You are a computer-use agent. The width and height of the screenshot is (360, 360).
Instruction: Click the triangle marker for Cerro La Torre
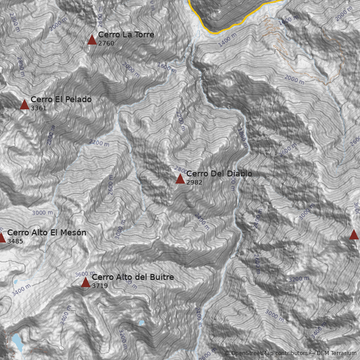point(92,40)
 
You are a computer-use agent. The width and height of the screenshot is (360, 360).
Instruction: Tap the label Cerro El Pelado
point(61,99)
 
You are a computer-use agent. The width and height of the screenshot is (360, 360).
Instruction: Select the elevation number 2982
point(194,182)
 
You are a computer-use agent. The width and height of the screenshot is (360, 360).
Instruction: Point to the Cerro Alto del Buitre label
point(133,277)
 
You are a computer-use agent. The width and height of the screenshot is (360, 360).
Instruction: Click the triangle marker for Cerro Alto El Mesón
point(1,238)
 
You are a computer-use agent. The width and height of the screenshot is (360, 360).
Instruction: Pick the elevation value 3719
point(99,286)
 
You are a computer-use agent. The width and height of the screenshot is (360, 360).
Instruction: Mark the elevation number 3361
point(38,108)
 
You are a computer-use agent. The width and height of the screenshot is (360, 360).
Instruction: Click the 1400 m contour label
point(227,40)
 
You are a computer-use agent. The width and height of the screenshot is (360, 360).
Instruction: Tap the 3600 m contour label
point(85,274)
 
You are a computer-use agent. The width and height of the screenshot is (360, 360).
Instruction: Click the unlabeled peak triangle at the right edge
point(354,234)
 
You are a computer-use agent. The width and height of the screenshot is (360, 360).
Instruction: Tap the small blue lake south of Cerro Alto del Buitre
point(141,323)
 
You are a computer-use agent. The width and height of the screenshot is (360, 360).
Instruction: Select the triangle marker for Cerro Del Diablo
point(180,179)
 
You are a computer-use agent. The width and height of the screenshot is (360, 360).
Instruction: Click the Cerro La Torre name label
point(126,35)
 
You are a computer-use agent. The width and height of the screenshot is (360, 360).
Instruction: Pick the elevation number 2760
point(106,44)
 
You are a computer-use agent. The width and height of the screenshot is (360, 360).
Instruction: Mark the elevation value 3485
point(15,241)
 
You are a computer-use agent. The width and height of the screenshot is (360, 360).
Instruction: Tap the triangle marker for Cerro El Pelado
point(24,105)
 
